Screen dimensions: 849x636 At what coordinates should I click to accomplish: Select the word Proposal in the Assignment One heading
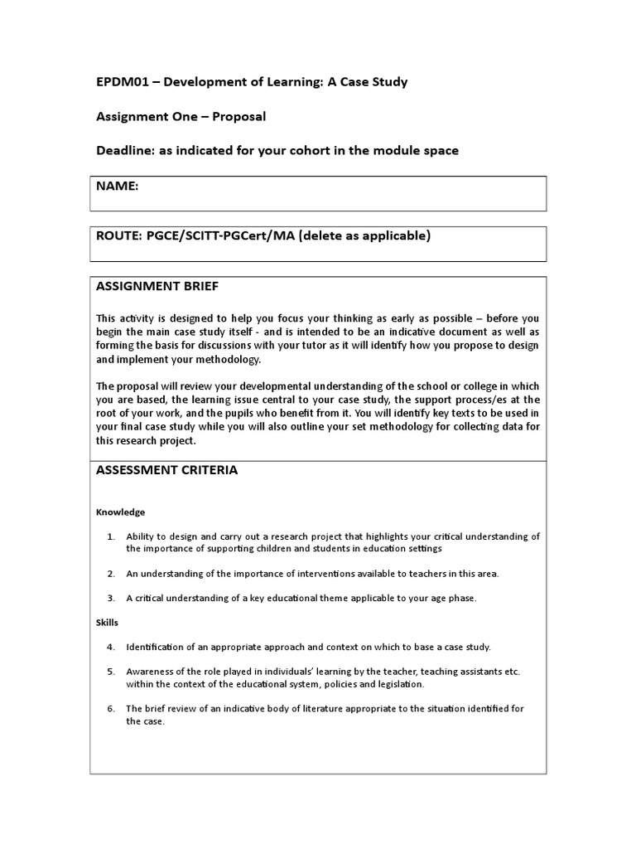pos(239,116)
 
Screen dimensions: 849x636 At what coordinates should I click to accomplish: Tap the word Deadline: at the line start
pos(126,150)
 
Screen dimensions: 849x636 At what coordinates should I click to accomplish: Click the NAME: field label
pos(117,187)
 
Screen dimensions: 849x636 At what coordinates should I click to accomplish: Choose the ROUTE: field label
pos(119,235)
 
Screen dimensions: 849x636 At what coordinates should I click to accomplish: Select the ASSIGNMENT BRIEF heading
pos(157,286)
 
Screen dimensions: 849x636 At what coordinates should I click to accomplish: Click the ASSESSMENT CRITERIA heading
pos(166,470)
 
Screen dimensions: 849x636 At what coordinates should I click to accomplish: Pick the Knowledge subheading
pos(120,512)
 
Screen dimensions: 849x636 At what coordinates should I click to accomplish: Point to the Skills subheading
pos(108,621)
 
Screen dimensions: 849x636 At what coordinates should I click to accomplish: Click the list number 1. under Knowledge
pos(111,536)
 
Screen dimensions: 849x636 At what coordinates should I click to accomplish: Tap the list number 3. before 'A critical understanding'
pos(111,598)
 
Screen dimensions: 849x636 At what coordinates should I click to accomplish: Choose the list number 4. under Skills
pos(111,647)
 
